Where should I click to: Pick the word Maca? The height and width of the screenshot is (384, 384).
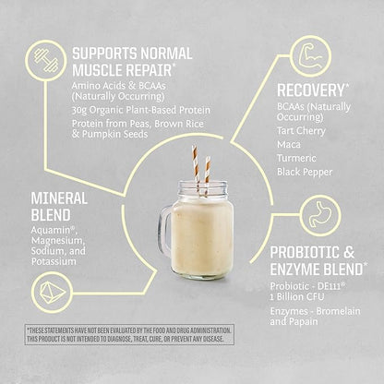point(292,146)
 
